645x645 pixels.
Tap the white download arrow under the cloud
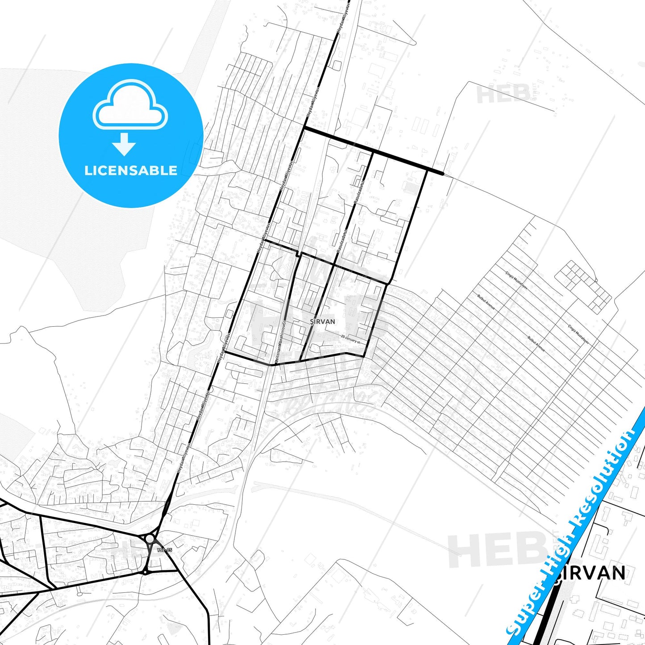click(x=124, y=144)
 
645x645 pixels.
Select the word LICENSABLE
click(x=131, y=170)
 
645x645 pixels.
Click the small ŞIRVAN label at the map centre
click(x=322, y=321)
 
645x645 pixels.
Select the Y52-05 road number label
click(x=164, y=550)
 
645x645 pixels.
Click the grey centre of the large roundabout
click(x=150, y=539)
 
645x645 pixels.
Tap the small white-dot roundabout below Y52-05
click(x=145, y=572)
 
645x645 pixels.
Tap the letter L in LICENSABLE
click(x=88, y=170)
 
